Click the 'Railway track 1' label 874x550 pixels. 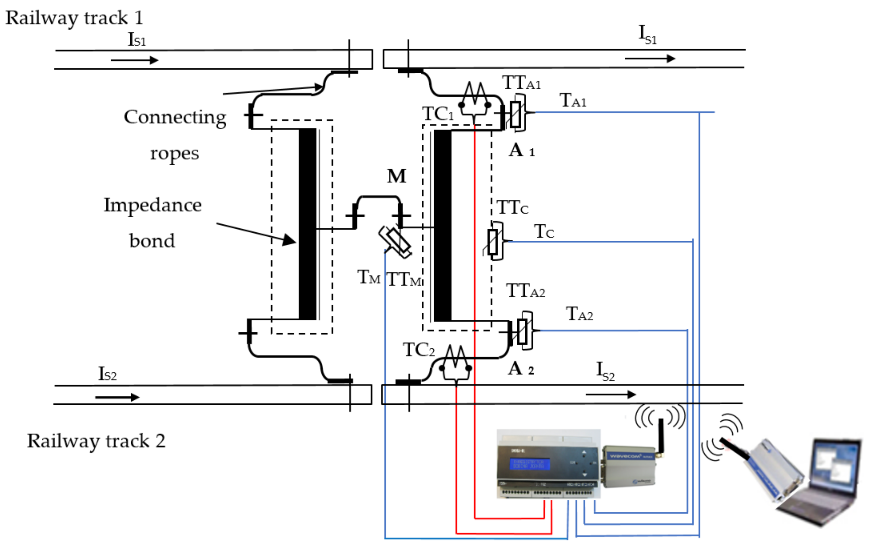(x=75, y=18)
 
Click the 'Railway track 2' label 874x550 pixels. (x=96, y=441)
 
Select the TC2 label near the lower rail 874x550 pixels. (x=419, y=350)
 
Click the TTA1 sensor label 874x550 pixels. (x=521, y=83)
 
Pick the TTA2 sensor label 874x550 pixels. (x=525, y=291)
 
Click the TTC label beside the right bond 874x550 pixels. (x=512, y=208)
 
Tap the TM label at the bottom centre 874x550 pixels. (x=368, y=277)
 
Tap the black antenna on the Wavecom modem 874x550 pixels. (x=661, y=435)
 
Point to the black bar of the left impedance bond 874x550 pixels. (x=307, y=224)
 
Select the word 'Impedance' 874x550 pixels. (x=152, y=205)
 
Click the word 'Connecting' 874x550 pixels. (x=175, y=117)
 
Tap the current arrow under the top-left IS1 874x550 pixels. (x=135, y=60)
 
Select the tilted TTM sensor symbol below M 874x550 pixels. (x=395, y=242)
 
